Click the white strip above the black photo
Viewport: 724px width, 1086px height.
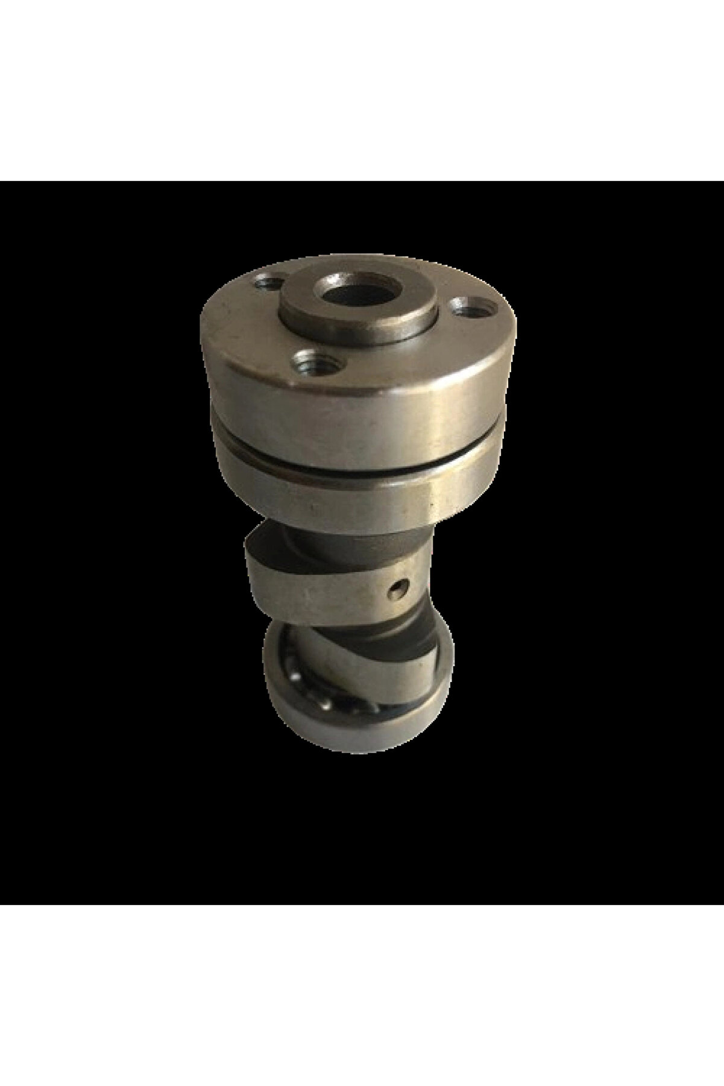click(x=362, y=90)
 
